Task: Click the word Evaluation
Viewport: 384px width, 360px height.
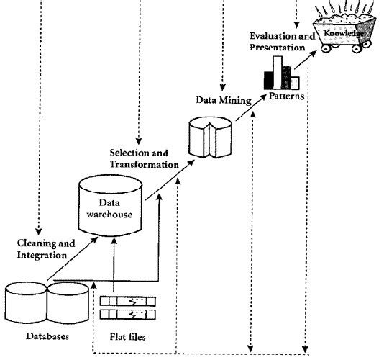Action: pyautogui.click(x=272, y=36)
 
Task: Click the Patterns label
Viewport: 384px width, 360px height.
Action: pyautogui.click(x=287, y=95)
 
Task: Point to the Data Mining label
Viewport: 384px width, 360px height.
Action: pyautogui.click(x=224, y=99)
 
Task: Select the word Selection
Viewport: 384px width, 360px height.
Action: pyautogui.click(x=128, y=153)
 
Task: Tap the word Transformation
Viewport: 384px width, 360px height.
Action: pyautogui.click(x=144, y=165)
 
